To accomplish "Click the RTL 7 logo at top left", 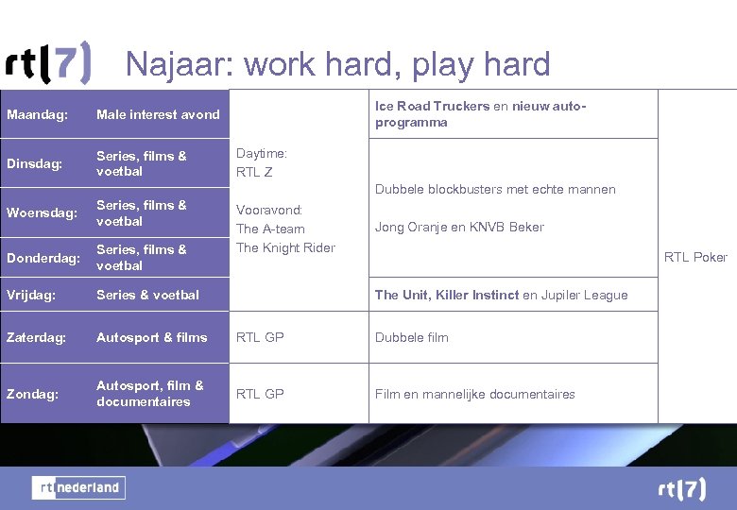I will tap(48, 63).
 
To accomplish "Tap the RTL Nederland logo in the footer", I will tap(78, 487).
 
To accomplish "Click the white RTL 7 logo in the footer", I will tap(681, 488).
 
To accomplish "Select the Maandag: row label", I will tap(37, 114).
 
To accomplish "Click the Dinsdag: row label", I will tap(34, 163).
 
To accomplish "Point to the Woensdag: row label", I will tap(42, 212).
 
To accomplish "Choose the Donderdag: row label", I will tap(43, 257).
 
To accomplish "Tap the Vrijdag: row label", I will tap(32, 295).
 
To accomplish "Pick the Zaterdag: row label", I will tap(36, 337).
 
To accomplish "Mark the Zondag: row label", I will tap(33, 394).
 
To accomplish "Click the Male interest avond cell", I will tap(158, 114).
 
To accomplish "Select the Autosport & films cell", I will tap(151, 337).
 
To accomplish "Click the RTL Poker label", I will tap(695, 257).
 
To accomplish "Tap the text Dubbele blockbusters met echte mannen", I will tap(495, 189).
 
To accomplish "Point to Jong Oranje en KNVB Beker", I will tap(459, 227).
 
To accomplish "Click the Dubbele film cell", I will tap(411, 337).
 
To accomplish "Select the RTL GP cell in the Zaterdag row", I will tap(260, 337).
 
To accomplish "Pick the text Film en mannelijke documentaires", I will tap(474, 394).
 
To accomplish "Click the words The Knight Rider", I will tap(285, 247).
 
